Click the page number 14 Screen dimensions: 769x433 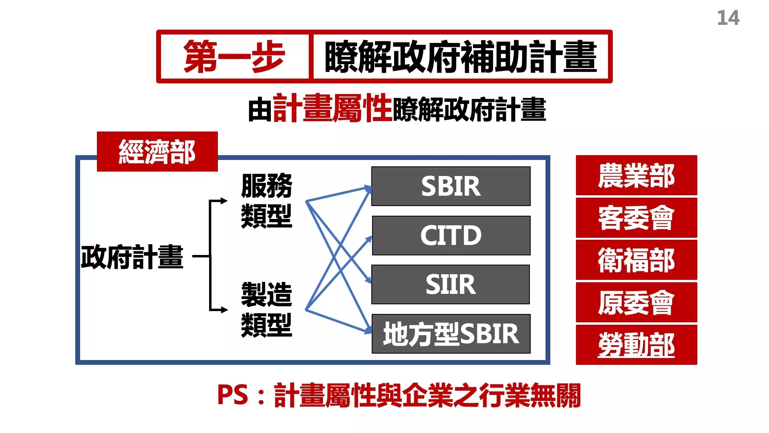(728, 18)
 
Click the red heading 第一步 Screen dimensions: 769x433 (234, 57)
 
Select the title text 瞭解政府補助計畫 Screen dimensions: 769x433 (461, 57)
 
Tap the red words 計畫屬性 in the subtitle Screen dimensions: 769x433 (332, 108)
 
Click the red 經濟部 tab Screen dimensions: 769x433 (157, 152)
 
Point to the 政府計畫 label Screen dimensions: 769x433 (132, 257)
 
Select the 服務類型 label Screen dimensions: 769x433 (267, 201)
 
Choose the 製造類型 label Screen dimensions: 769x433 (267, 310)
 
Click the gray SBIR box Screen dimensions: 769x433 (451, 186)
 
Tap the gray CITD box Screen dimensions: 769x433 (451, 235)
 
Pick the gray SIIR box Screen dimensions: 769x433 (451, 284)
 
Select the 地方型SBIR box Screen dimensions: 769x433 (451, 334)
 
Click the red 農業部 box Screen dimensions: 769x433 (636, 175)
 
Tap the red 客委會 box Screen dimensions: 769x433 (636, 218)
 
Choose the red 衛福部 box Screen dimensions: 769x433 (636, 260)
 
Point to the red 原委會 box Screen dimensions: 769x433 (636, 302)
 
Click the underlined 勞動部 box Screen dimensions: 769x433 (636, 345)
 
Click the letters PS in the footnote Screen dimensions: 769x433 (233, 395)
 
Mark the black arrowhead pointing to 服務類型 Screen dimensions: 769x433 (224, 201)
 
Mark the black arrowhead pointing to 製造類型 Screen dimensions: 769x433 (224, 310)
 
